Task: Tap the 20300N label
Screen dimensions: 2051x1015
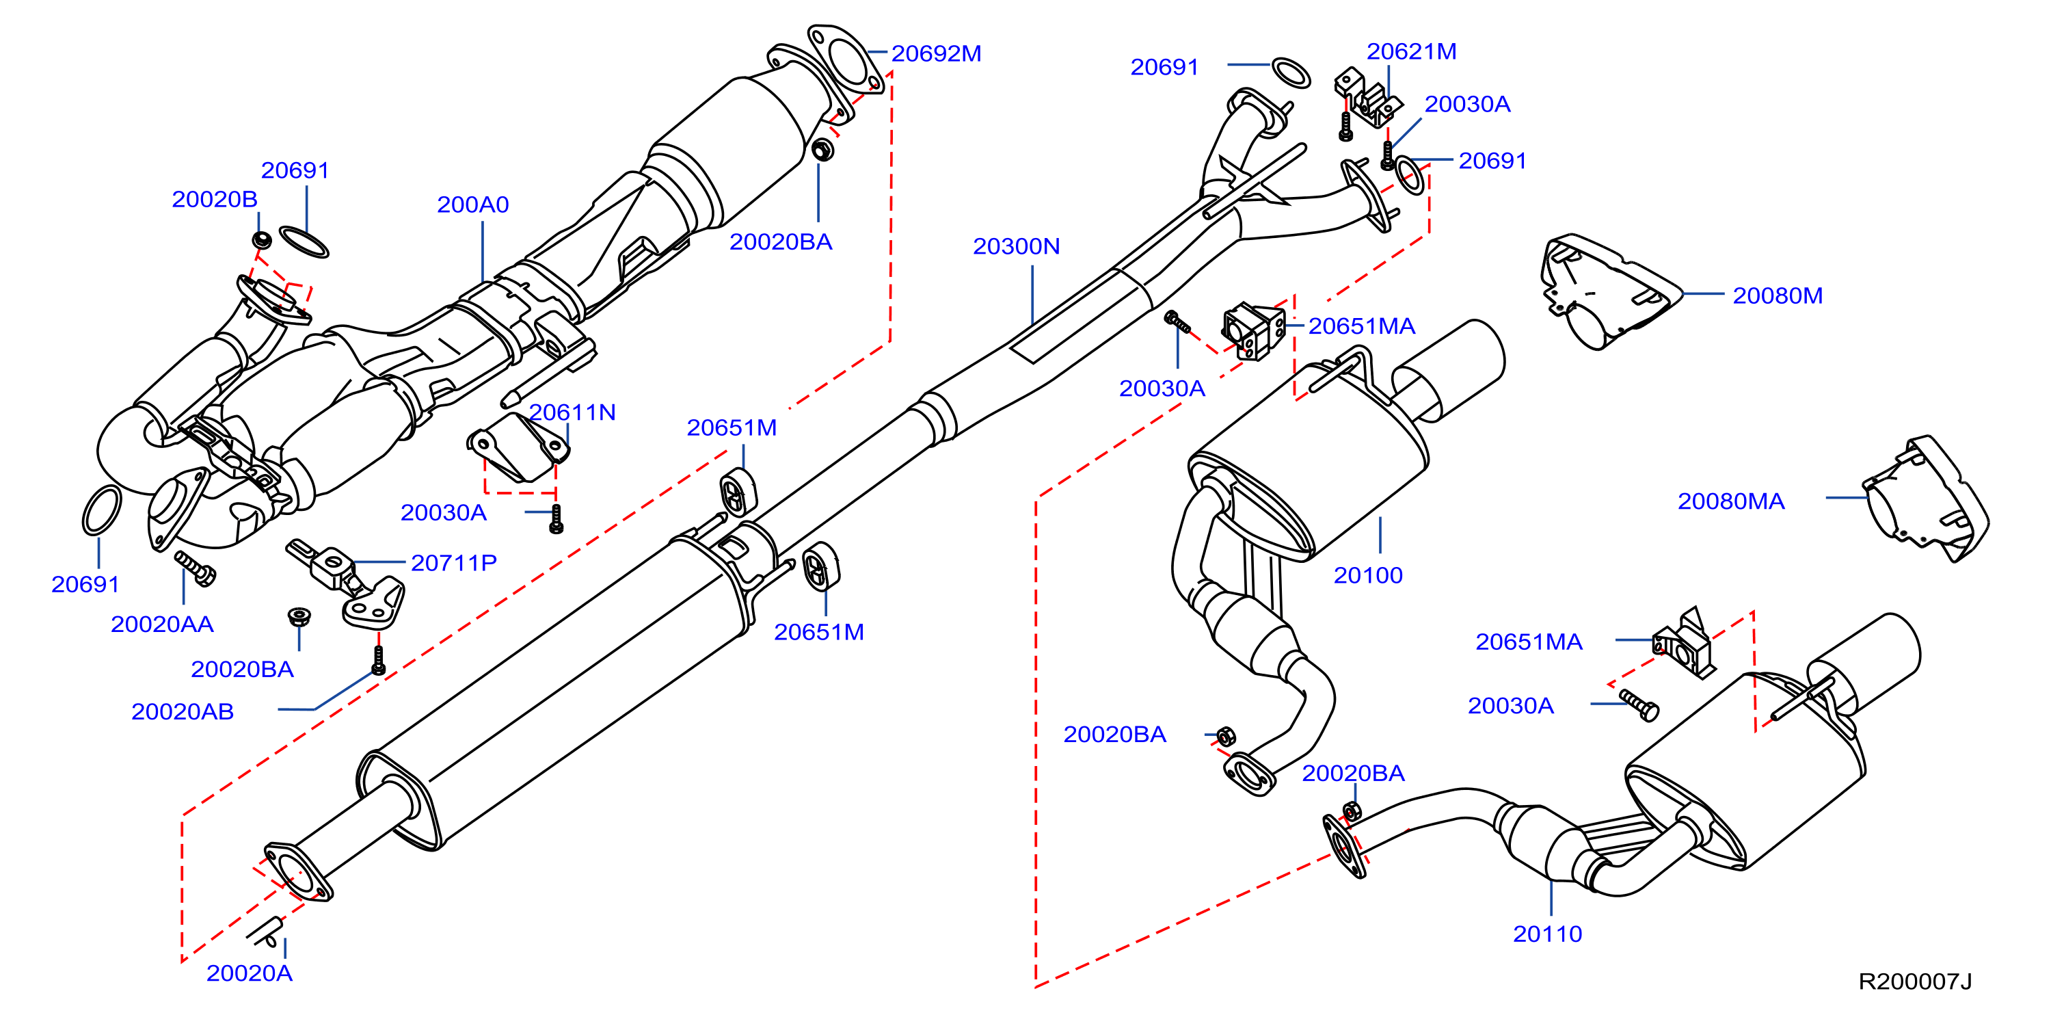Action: pos(1016,246)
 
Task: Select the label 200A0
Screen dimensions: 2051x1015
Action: pos(473,205)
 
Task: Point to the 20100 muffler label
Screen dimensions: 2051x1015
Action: pos(1368,575)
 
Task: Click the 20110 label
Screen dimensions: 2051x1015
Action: pos(1547,934)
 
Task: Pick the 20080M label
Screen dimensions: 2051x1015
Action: pos(1777,295)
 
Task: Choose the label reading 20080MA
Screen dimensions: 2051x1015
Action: pos(1731,501)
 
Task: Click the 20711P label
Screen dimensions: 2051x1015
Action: pos(454,564)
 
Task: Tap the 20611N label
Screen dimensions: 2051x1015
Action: pos(572,412)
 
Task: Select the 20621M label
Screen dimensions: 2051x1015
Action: pos(1412,51)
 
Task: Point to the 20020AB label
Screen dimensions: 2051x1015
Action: pos(183,711)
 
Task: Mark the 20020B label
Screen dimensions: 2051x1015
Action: pos(214,199)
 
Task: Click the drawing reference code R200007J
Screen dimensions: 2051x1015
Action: pos(1915,981)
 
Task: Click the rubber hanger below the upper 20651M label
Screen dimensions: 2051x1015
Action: pos(738,492)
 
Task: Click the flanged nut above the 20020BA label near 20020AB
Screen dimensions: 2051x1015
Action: pos(299,617)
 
